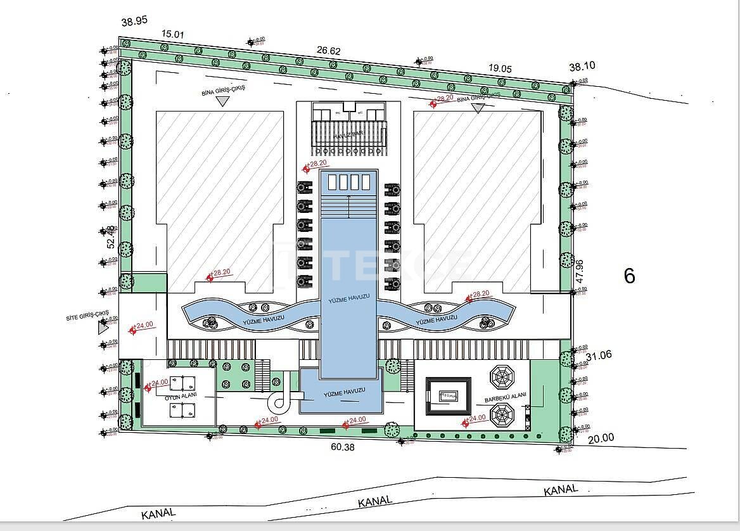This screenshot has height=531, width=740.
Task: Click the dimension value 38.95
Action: click(134, 21)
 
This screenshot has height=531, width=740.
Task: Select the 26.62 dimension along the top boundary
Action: click(329, 51)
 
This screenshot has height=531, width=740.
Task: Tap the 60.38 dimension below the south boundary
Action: click(343, 447)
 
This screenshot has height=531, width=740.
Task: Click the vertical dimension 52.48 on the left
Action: click(110, 237)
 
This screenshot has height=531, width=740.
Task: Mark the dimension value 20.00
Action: click(601, 438)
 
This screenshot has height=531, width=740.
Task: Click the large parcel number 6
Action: click(629, 276)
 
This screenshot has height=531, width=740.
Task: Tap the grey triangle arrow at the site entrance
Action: click(103, 327)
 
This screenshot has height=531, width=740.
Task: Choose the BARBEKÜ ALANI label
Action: click(505, 400)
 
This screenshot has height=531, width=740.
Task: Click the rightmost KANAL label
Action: click(561, 490)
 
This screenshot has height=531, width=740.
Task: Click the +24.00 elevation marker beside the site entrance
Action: click(142, 326)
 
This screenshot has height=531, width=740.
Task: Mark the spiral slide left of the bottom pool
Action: click(279, 400)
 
